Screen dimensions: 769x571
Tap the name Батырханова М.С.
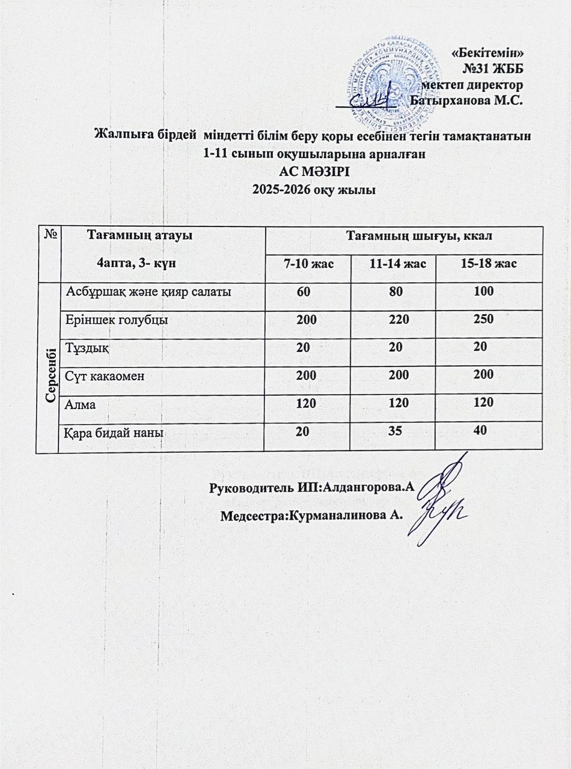click(x=466, y=100)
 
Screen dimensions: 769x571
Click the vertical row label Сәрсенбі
click(x=51, y=366)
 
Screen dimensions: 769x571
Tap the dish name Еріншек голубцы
click(x=117, y=320)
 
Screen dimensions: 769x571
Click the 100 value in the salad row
click(x=483, y=291)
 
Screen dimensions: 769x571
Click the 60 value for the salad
click(x=304, y=291)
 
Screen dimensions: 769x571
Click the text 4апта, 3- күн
click(x=136, y=263)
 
